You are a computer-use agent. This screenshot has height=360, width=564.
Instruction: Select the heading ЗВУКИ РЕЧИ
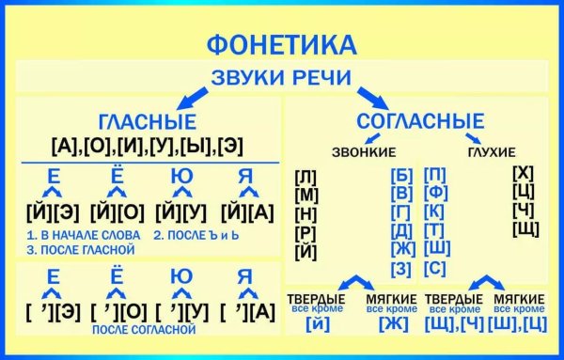tap(282, 78)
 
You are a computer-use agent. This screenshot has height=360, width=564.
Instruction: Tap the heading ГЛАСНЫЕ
tap(147, 122)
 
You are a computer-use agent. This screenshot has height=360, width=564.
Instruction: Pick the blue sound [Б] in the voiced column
tap(401, 175)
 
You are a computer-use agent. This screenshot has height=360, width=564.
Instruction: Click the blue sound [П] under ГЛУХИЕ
tap(434, 175)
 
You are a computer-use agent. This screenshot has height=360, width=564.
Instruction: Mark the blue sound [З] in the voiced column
tap(401, 270)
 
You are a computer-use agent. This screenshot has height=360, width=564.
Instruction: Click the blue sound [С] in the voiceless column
tap(434, 269)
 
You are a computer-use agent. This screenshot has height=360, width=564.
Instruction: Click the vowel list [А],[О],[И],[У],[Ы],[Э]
tap(145, 145)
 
